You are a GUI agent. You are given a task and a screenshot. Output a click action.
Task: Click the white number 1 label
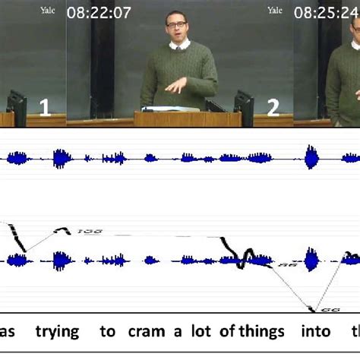point(45,108)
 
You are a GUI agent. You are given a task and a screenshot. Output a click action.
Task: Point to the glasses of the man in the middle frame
point(178,25)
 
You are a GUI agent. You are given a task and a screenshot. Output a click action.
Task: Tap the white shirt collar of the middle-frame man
point(179,45)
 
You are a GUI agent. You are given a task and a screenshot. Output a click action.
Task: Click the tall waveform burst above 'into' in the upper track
point(311,158)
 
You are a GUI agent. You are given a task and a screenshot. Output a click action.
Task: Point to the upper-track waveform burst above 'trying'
point(61,158)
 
